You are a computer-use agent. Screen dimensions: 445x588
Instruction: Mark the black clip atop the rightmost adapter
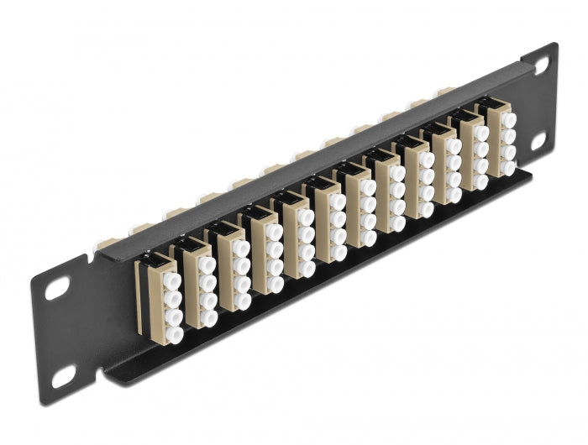pyautogui.click(x=492, y=104)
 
